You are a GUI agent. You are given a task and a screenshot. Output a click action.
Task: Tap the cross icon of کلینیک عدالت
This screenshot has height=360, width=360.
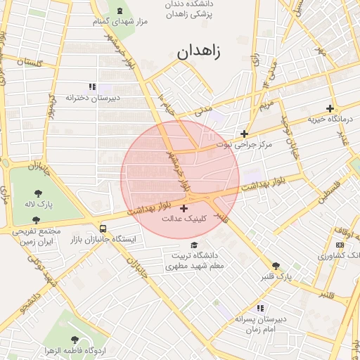pos(184,208)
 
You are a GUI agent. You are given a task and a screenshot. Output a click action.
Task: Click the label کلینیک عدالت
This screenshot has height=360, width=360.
pos(184,219)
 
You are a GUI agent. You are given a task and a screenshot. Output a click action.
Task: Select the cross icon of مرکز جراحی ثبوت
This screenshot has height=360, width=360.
pos(244,134)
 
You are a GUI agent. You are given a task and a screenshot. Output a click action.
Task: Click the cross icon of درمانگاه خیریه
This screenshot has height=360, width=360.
pos(330,108)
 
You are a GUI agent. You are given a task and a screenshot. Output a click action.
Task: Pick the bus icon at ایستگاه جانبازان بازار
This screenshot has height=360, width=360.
pos(104,229)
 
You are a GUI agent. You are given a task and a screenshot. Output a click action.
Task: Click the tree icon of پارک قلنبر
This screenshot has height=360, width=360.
pos(276,266)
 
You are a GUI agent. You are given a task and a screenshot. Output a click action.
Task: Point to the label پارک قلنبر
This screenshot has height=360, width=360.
pos(275,277)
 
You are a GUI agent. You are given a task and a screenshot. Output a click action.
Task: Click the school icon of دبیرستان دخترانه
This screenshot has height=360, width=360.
pos(92,86)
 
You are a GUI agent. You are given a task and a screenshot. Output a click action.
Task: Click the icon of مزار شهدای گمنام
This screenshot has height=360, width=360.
pos(118,11)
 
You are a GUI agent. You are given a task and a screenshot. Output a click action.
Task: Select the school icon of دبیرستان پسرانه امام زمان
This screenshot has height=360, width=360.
pos(260,308)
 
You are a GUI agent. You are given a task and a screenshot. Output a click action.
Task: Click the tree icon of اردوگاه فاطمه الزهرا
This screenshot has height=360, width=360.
pos(75,340)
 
